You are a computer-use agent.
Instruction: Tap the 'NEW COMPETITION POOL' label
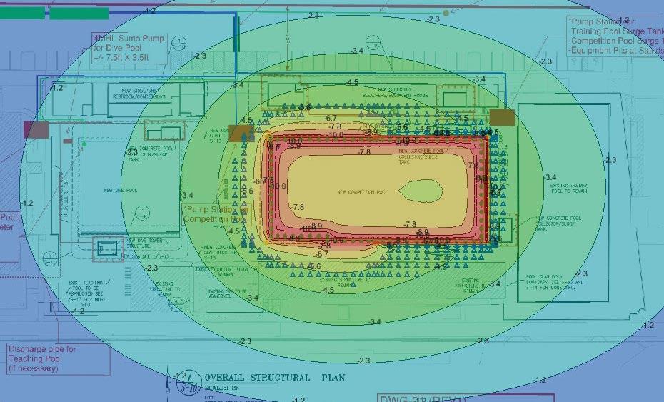coord(362,193)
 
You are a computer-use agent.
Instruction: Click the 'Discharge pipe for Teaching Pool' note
coord(43,359)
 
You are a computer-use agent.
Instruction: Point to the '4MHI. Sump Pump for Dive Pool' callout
coord(128,47)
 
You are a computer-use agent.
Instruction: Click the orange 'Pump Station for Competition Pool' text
coord(215,214)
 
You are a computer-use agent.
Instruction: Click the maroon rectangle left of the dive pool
coord(36,129)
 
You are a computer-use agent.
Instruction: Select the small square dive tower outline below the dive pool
coord(107,248)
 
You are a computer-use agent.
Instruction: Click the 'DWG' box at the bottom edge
coord(465,398)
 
